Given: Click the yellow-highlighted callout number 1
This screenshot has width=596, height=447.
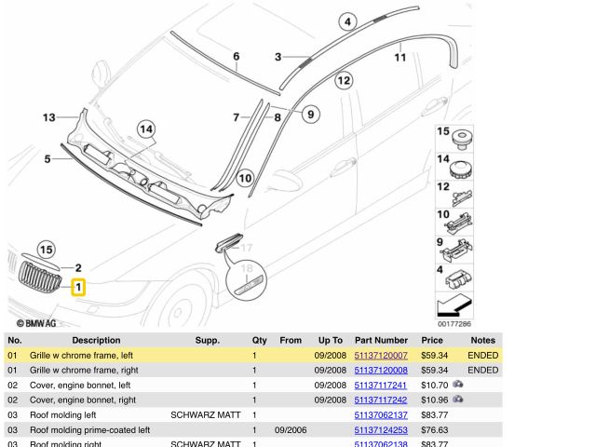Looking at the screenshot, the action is coord(78,287).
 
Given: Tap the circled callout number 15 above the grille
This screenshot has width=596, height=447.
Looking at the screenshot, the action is coord(46,250).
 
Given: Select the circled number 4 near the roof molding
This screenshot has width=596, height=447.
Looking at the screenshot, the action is coord(347,21).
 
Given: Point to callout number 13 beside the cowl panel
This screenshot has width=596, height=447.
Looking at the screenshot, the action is coord(49,117).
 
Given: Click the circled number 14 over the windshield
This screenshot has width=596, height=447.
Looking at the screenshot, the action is coord(146,129).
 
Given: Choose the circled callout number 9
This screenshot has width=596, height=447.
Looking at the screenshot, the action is coord(310,114).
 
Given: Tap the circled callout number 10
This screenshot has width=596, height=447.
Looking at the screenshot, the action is coord(245,178).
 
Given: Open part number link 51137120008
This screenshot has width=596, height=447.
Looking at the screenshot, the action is coord(381,371).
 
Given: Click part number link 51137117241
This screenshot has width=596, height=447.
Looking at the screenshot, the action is coord(381,385).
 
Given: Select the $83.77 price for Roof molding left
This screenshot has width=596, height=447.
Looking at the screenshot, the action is coord(433,415).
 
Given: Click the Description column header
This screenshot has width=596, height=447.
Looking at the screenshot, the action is coord(96,340).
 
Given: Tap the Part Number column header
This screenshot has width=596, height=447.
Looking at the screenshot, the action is coord(381,340).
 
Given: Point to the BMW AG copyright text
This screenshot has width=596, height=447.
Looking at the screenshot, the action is coord(36,323).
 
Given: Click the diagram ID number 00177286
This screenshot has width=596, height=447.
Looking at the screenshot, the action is coord(454,324).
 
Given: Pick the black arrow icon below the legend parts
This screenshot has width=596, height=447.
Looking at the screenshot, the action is coord(454,305).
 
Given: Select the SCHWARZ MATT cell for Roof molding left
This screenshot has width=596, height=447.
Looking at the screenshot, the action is coord(206,415).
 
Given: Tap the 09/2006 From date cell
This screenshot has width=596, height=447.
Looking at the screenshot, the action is coord(291,430).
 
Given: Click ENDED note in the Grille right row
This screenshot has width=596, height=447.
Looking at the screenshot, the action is coord(482,371).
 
